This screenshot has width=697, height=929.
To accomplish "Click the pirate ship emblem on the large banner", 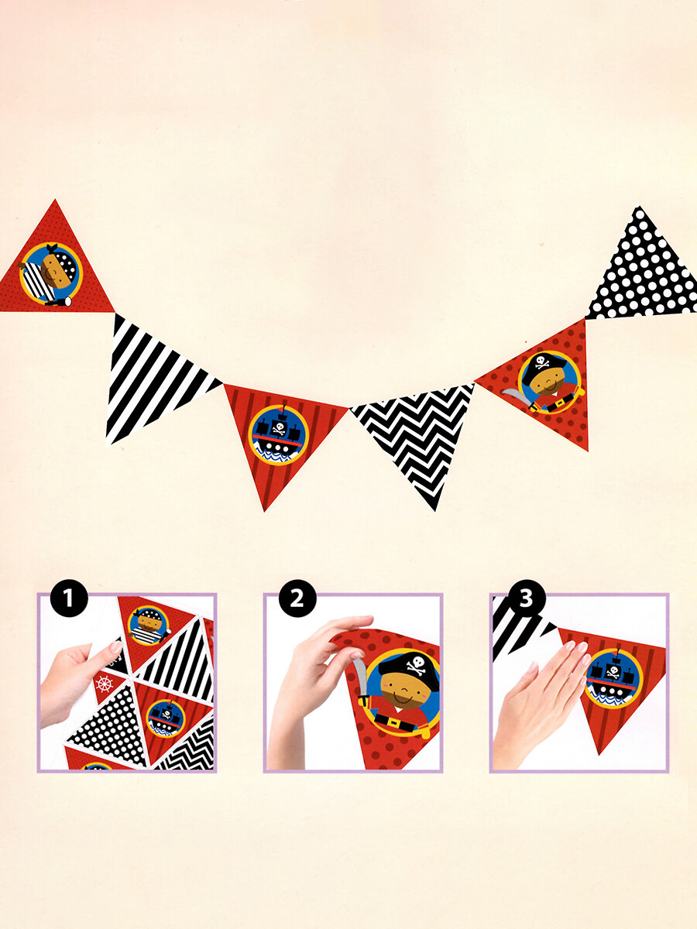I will (278, 434).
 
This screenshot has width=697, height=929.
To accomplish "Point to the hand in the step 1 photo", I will (74, 681).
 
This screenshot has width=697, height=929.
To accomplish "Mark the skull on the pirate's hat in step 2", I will (415, 663).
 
